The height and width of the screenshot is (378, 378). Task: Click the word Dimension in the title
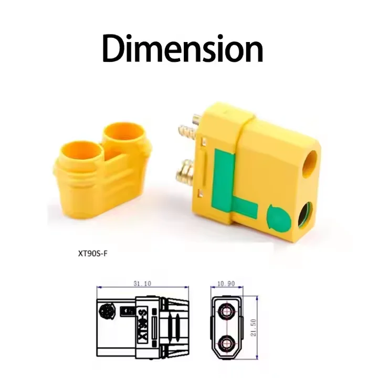pyautogui.click(x=183, y=48)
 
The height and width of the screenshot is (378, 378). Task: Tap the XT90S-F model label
pyautogui.click(x=92, y=254)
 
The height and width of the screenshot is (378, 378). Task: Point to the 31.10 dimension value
pyautogui.click(x=142, y=283)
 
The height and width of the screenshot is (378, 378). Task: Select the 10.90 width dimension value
pyautogui.click(x=226, y=283)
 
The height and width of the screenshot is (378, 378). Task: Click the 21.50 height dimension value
pyautogui.click(x=253, y=328)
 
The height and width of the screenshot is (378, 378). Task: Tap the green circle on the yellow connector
pyautogui.click(x=278, y=217)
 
